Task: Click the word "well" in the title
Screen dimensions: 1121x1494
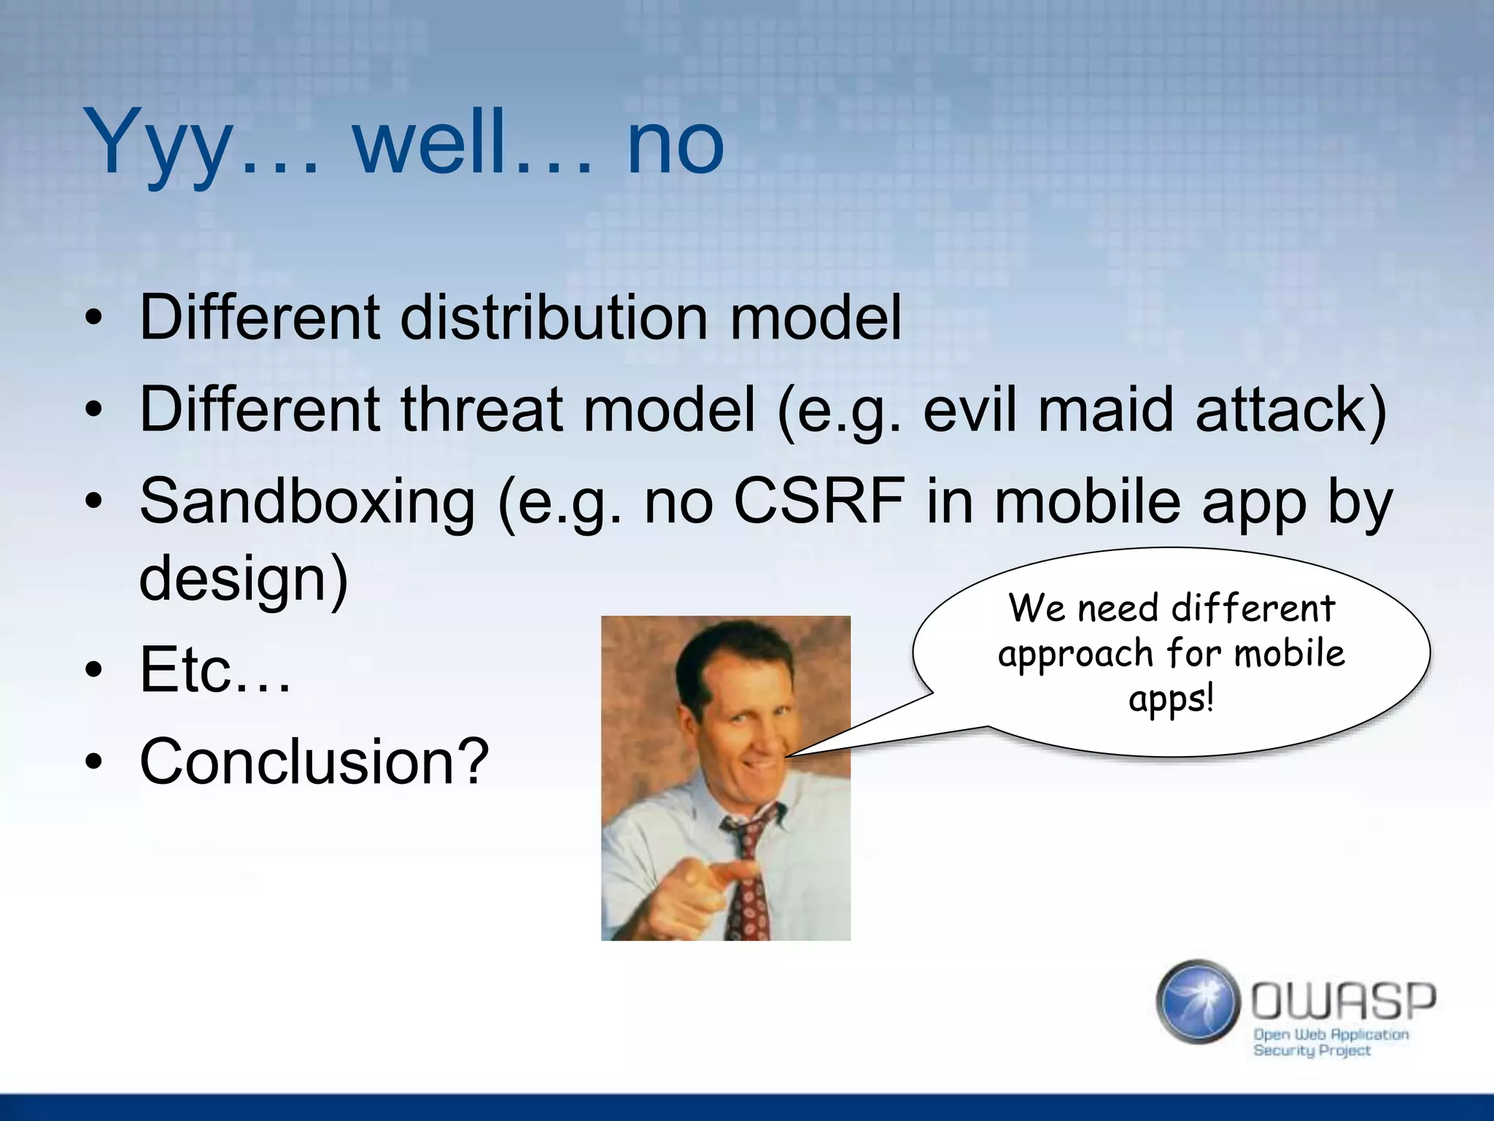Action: [430, 142]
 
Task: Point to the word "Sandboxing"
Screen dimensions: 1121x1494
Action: [307, 501]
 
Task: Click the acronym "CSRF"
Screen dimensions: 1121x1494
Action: [818, 501]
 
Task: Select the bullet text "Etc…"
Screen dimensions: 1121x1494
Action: [215, 670]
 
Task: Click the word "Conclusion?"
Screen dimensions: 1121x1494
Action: [314, 761]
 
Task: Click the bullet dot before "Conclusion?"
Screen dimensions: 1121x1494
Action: [93, 762]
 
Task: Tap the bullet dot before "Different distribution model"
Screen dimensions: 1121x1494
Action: [93, 318]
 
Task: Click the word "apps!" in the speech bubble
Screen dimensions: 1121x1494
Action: [1172, 699]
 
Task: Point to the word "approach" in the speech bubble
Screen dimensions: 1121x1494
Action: [1075, 653]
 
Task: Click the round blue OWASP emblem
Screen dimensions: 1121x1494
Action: [1198, 1001]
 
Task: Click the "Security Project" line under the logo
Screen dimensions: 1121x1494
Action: [1312, 1051]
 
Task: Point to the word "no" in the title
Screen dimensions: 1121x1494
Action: [675, 142]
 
